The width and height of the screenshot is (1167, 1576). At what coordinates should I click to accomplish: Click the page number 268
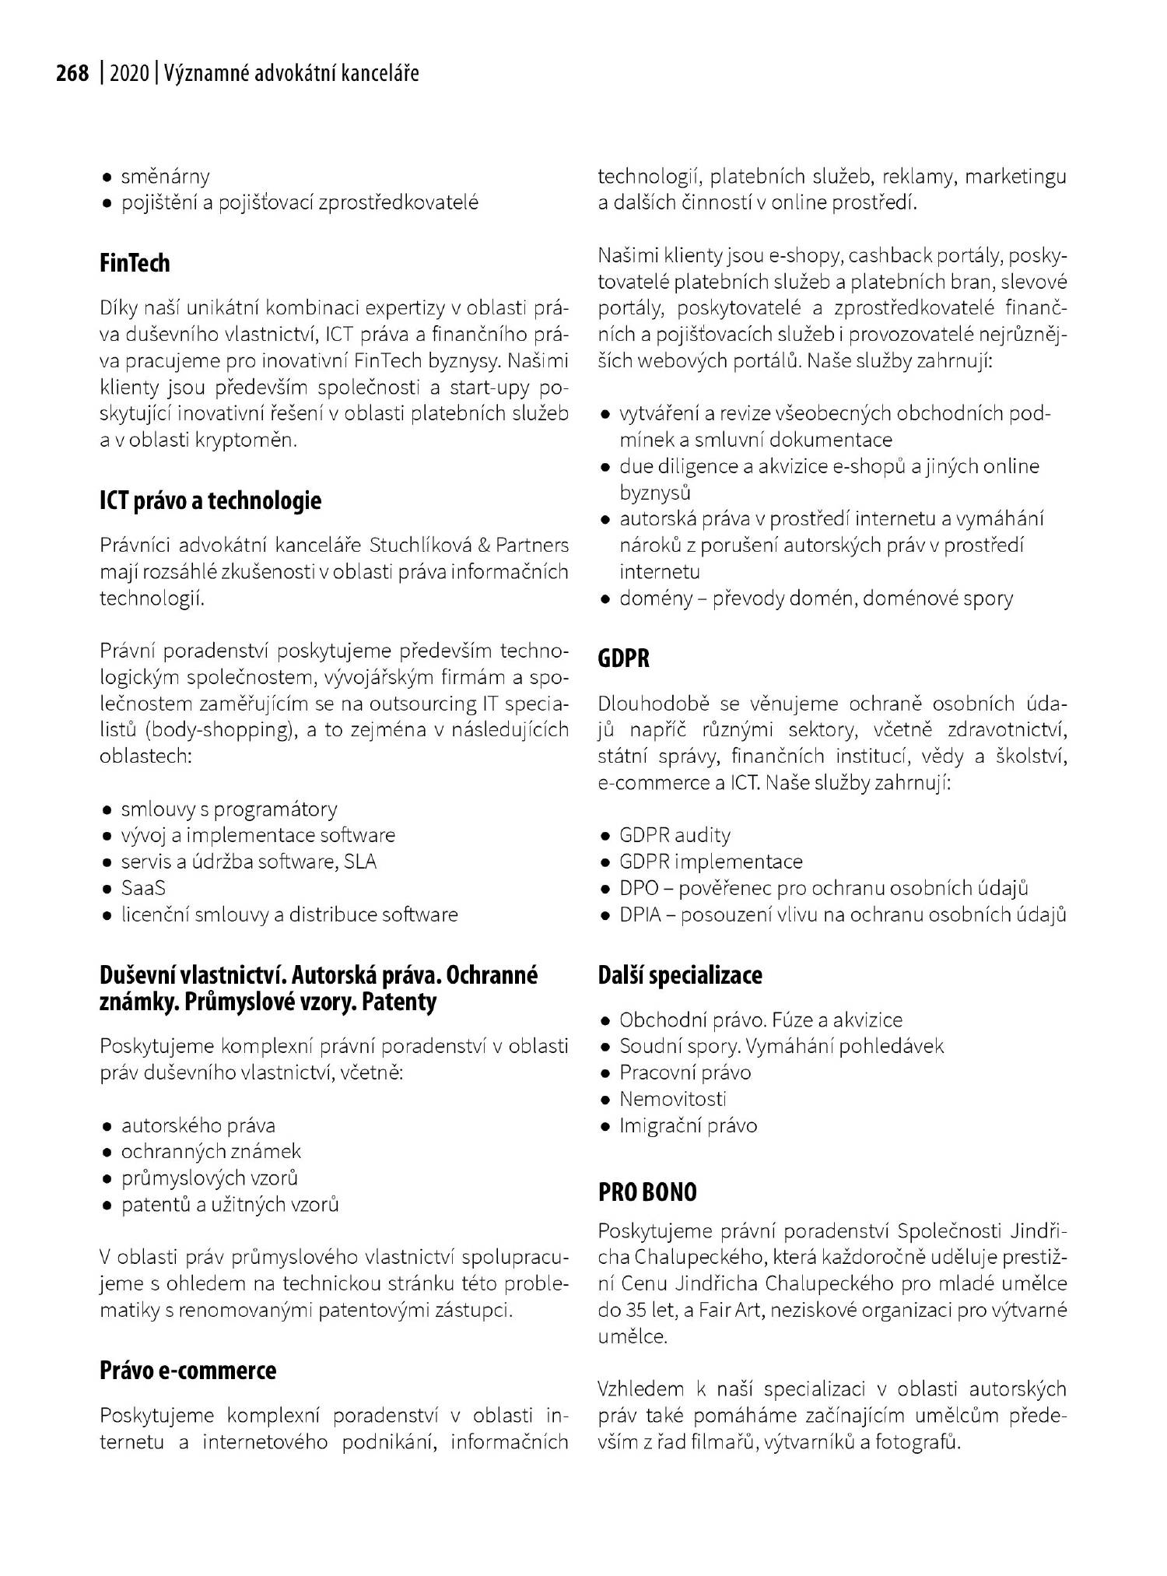[72, 73]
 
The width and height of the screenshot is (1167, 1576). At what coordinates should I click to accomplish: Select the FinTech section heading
[135, 263]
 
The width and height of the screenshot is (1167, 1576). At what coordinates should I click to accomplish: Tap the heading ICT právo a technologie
[210, 500]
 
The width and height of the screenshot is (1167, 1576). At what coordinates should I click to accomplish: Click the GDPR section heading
[623, 658]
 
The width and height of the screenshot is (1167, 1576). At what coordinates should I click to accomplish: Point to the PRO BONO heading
[647, 1192]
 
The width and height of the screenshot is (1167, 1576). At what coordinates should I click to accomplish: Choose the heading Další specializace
[679, 974]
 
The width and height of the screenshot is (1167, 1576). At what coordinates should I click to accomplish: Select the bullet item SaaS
[143, 887]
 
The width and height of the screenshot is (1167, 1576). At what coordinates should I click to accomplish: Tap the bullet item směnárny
[165, 177]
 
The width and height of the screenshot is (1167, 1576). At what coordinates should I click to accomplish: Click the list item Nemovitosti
[672, 1098]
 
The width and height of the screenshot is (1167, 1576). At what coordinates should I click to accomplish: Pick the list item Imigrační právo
[688, 1125]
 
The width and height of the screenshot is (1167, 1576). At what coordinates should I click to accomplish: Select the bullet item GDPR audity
[675, 835]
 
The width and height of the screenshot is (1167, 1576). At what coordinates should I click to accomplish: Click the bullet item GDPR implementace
[710, 862]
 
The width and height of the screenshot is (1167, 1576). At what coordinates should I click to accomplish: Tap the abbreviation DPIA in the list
[640, 914]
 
